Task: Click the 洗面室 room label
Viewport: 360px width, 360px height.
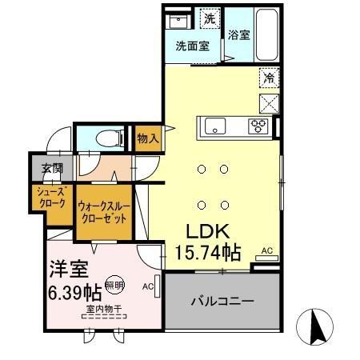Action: tap(193, 46)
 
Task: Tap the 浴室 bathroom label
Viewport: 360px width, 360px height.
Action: tap(238, 35)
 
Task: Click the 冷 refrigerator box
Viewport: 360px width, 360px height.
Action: tap(269, 78)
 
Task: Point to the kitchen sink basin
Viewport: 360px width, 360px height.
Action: tap(216, 126)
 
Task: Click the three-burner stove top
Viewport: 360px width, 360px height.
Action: tap(258, 125)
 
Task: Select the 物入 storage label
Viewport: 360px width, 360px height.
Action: tap(148, 138)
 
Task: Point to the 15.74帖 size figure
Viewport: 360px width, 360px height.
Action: tap(207, 253)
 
